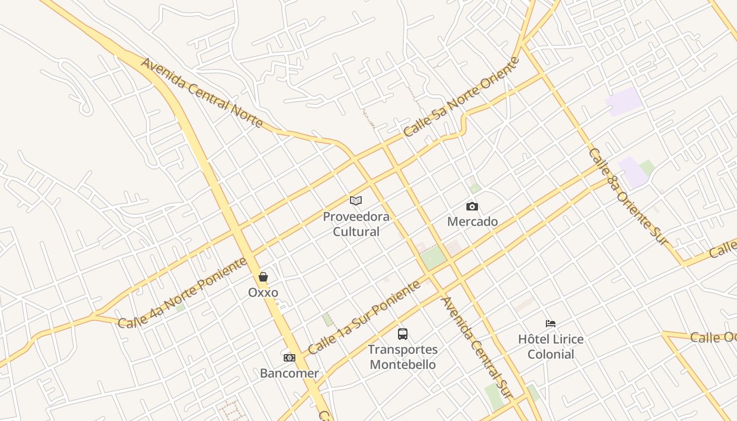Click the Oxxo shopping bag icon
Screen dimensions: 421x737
pyautogui.click(x=263, y=277)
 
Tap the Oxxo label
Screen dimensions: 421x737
pyautogui.click(x=263, y=293)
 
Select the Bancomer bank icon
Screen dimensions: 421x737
pyautogui.click(x=290, y=358)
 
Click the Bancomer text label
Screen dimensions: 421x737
pyautogui.click(x=290, y=374)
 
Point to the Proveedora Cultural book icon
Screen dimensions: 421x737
pyautogui.click(x=356, y=201)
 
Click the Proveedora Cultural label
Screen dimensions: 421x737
pyautogui.click(x=356, y=224)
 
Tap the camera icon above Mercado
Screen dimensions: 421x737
pyautogui.click(x=472, y=206)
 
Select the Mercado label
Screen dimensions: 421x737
pyautogui.click(x=472, y=222)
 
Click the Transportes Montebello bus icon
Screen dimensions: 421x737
pyautogui.click(x=403, y=334)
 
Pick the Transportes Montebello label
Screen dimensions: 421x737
pyautogui.click(x=403, y=357)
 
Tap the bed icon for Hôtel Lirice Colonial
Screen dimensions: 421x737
pyautogui.click(x=551, y=323)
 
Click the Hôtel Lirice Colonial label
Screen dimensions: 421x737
pyautogui.click(x=551, y=346)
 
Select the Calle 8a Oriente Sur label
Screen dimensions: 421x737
pyautogui.click(x=628, y=196)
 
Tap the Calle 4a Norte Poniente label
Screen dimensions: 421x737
pyautogui.click(x=182, y=294)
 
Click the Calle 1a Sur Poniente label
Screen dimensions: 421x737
pyautogui.click(x=364, y=317)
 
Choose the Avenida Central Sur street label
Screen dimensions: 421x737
pyautogui.click(x=476, y=347)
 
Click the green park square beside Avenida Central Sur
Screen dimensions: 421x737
pyautogui.click(x=433, y=258)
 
